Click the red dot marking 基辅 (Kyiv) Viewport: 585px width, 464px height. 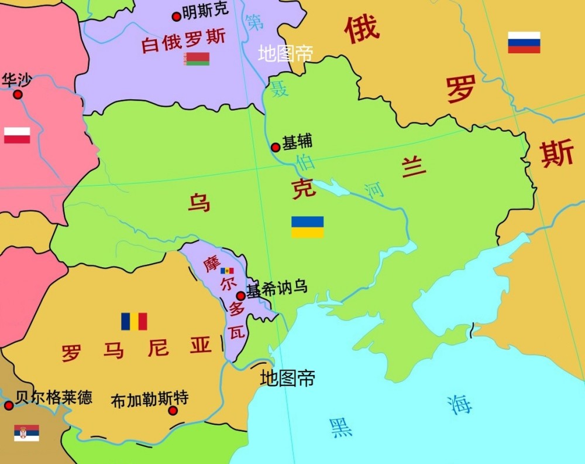(x=276, y=147)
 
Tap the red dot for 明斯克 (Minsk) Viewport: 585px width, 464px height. (x=176, y=16)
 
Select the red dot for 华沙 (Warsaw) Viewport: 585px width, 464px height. (x=18, y=94)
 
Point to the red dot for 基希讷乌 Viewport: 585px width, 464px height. (x=240, y=296)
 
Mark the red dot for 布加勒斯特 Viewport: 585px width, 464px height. (x=173, y=411)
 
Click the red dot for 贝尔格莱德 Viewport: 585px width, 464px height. (x=8, y=405)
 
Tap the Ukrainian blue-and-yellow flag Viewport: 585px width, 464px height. (x=308, y=227)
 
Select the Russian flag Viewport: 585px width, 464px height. (x=524, y=42)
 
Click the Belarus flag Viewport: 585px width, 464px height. (x=197, y=59)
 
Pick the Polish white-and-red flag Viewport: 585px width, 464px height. (x=17, y=135)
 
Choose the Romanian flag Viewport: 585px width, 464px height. (x=134, y=322)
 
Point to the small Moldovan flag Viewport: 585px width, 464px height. (x=227, y=271)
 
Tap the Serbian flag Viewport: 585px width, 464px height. (x=26, y=433)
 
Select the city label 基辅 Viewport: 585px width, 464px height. (x=297, y=142)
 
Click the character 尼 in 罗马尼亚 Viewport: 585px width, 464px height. (x=158, y=348)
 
